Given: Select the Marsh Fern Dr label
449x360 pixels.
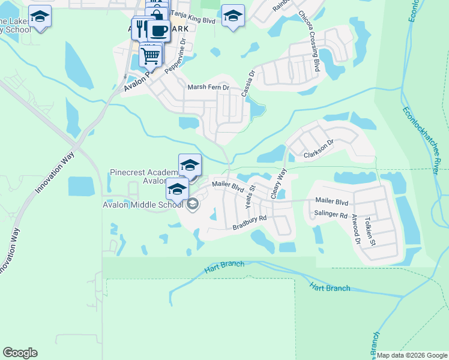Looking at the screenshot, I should [209, 88].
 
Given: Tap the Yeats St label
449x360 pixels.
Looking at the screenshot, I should [250, 197].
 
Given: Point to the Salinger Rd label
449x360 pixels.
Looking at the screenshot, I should [331, 215].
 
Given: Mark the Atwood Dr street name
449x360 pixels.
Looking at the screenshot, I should [356, 231].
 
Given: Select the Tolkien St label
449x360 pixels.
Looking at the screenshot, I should [369, 232].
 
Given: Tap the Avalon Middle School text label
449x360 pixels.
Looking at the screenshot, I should [142, 205].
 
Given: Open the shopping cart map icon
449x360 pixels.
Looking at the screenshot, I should [151, 56].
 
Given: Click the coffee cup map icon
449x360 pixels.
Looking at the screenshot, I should [159, 31].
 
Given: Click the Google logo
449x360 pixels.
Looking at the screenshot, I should [20, 353].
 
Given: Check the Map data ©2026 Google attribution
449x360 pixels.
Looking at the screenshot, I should [411, 355].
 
